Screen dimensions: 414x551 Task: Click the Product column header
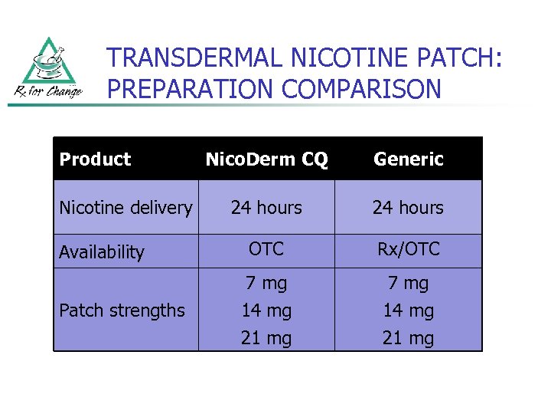tap(95, 159)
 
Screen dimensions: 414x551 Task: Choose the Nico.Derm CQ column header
tap(266, 159)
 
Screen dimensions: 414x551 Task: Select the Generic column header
tap(408, 159)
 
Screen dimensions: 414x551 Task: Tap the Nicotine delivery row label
tap(126, 208)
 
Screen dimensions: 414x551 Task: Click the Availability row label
tap(102, 252)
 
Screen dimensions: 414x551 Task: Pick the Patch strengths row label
tap(122, 310)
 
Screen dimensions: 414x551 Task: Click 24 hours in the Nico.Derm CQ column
tap(266, 208)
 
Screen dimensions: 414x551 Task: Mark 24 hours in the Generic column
tap(408, 208)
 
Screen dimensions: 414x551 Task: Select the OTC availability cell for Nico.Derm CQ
tap(266, 249)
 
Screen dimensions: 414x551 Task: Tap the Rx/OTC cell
tap(408, 249)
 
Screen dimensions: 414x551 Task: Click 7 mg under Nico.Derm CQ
tap(266, 283)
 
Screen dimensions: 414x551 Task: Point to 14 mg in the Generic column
tap(408, 310)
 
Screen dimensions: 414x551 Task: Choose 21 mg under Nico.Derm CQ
tap(266, 338)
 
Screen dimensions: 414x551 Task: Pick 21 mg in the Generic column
tap(408, 338)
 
